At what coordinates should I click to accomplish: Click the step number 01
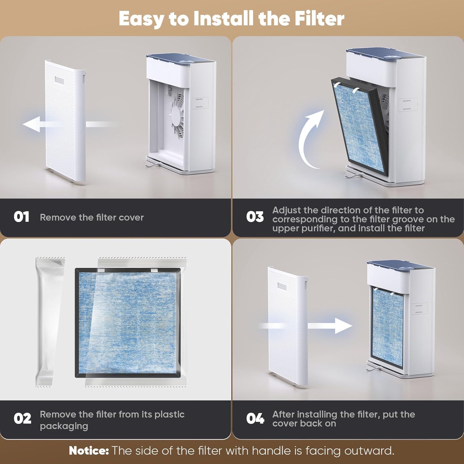[21, 217]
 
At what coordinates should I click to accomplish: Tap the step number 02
[22, 419]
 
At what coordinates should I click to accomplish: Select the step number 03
[255, 217]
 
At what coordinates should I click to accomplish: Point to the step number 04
[255, 419]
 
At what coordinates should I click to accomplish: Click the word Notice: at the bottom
[89, 451]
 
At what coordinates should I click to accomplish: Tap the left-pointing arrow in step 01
[32, 124]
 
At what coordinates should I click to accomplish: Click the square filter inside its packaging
[128, 323]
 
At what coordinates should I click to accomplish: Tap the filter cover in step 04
[286, 325]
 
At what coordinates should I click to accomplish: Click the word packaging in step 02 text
[64, 426]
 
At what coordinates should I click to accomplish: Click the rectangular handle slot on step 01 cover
[59, 80]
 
